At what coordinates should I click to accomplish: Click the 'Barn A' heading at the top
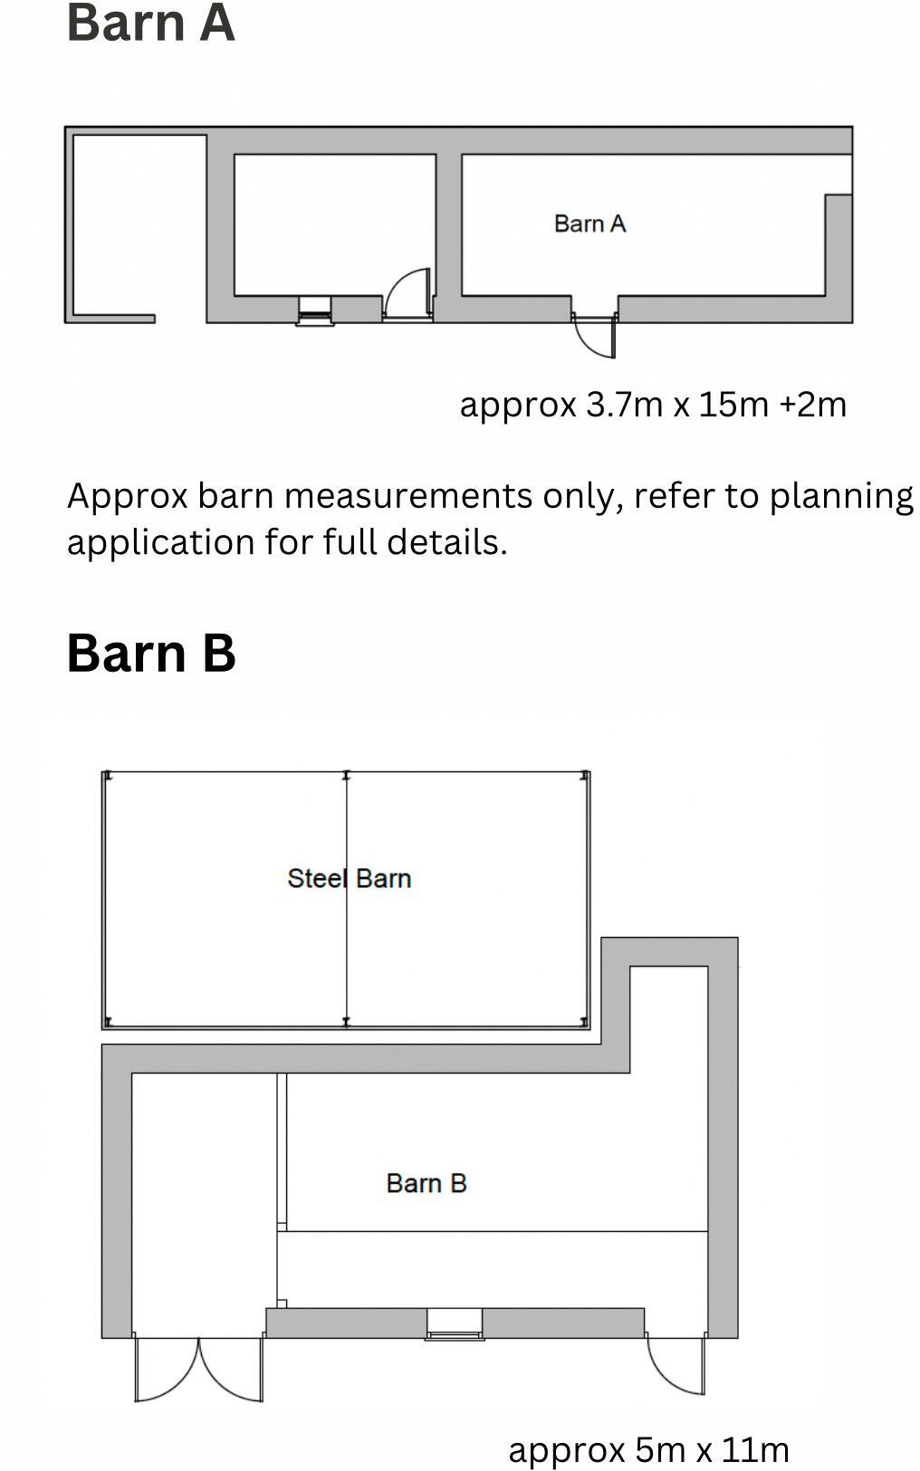(x=150, y=23)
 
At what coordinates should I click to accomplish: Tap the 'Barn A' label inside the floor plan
(x=589, y=224)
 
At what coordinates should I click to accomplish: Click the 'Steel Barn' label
(x=349, y=878)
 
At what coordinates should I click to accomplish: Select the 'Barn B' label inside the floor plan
(x=426, y=1183)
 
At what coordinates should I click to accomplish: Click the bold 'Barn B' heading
(x=150, y=652)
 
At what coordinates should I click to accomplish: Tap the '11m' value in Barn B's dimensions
(x=755, y=1449)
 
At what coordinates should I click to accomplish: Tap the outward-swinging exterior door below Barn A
(x=595, y=336)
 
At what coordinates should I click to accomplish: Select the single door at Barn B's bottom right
(x=676, y=1364)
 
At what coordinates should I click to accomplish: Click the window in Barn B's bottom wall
(x=455, y=1324)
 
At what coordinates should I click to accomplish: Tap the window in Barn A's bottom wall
(x=315, y=310)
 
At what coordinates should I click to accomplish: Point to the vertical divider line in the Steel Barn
(x=347, y=950)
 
